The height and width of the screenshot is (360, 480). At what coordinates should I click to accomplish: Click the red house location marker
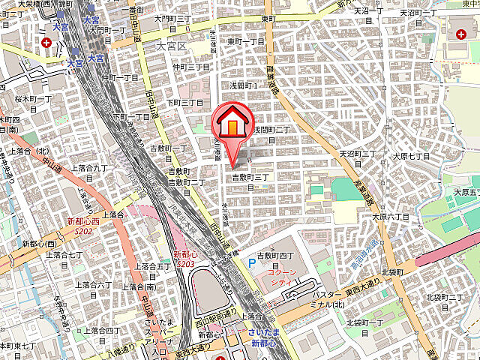click(232, 124)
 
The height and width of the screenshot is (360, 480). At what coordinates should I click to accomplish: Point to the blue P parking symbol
click(252, 264)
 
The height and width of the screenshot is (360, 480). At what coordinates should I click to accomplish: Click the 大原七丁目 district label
click(412, 157)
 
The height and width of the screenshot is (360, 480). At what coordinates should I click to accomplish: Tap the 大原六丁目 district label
click(465, 196)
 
